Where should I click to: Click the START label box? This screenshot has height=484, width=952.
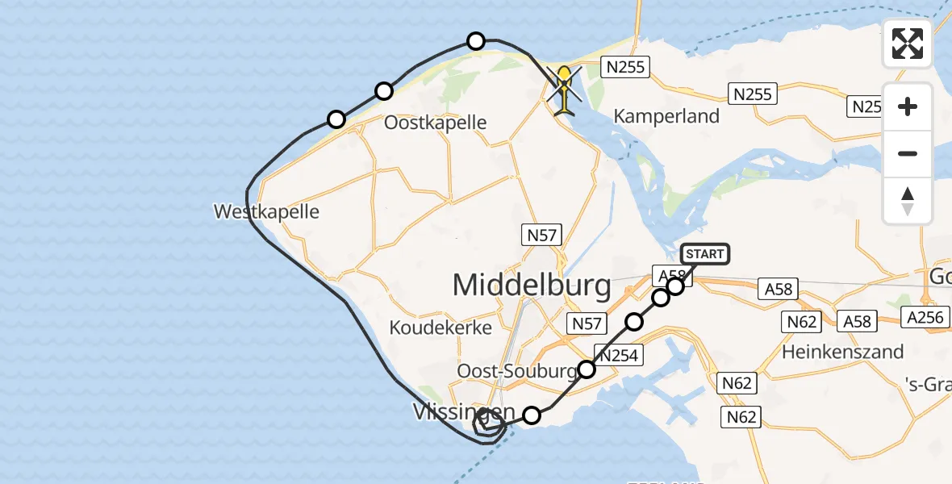point(705,254)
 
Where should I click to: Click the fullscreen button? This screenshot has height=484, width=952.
point(908,44)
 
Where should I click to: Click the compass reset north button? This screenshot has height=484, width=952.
point(908,201)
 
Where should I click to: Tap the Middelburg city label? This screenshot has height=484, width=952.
point(532,285)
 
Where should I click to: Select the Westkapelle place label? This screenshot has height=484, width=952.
point(266,212)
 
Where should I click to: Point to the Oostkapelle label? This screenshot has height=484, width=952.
point(436,123)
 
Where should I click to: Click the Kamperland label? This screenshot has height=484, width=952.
point(666,116)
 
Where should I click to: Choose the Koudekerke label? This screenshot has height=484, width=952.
point(428,328)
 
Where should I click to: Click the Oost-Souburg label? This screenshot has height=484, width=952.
point(517,370)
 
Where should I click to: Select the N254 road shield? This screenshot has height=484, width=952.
point(618,354)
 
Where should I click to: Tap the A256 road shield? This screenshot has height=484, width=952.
point(925,317)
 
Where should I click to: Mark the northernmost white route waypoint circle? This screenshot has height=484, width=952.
point(476,40)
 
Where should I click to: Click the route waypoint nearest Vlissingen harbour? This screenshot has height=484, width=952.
point(532,415)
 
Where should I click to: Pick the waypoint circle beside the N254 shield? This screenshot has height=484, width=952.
point(587,369)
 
